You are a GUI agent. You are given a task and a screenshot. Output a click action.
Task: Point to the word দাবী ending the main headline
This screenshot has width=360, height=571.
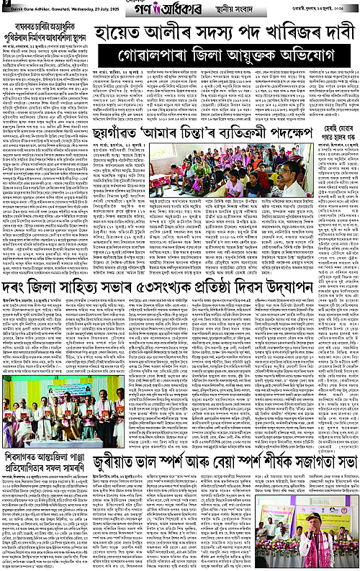coord(332,31)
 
